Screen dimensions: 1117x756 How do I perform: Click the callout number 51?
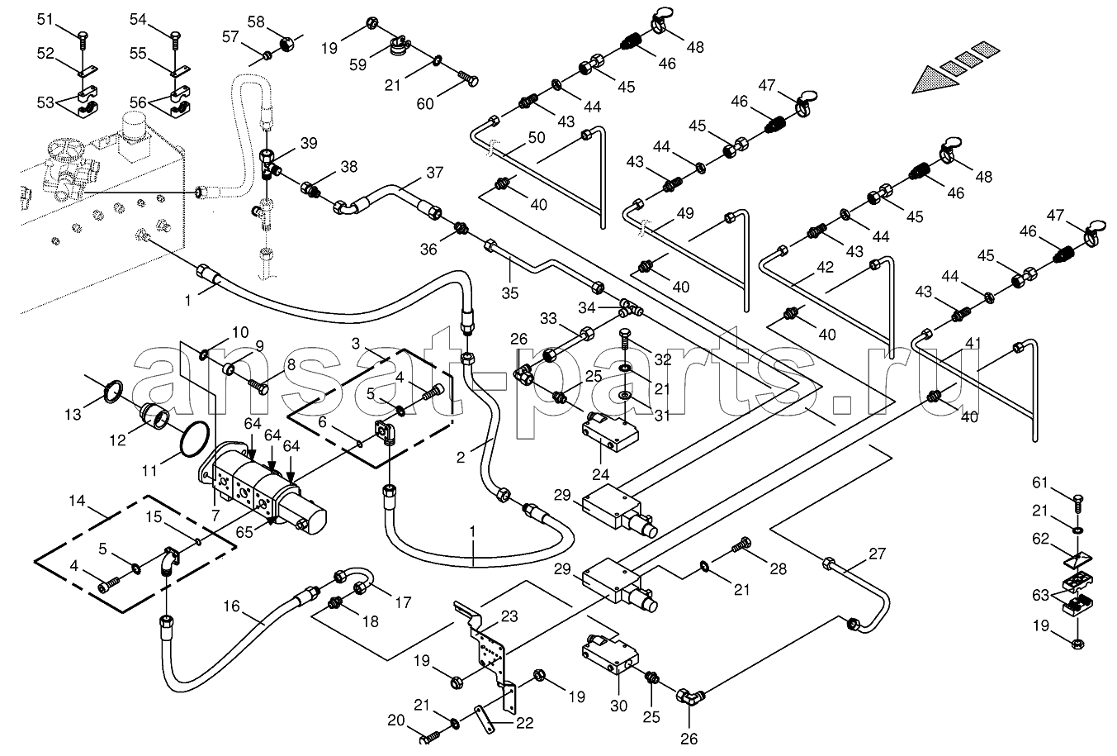click(45, 20)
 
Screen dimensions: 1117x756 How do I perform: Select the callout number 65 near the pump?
click(244, 532)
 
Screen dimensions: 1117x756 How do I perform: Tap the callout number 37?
click(435, 172)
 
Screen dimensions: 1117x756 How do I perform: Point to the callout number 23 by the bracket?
click(509, 616)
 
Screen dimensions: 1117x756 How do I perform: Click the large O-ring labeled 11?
click(193, 439)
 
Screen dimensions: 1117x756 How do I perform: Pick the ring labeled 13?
click(113, 391)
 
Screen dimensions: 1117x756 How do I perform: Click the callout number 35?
click(509, 293)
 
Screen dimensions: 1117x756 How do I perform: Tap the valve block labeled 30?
click(610, 654)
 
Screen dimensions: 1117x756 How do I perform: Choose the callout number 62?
click(1041, 539)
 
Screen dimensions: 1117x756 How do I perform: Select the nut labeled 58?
click(286, 45)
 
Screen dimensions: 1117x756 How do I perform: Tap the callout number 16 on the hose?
click(231, 606)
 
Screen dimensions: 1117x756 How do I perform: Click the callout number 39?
click(309, 143)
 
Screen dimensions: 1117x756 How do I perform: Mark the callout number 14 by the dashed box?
click(77, 500)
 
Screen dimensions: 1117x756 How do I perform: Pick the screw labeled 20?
click(431, 736)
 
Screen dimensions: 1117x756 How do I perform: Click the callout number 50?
click(537, 137)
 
